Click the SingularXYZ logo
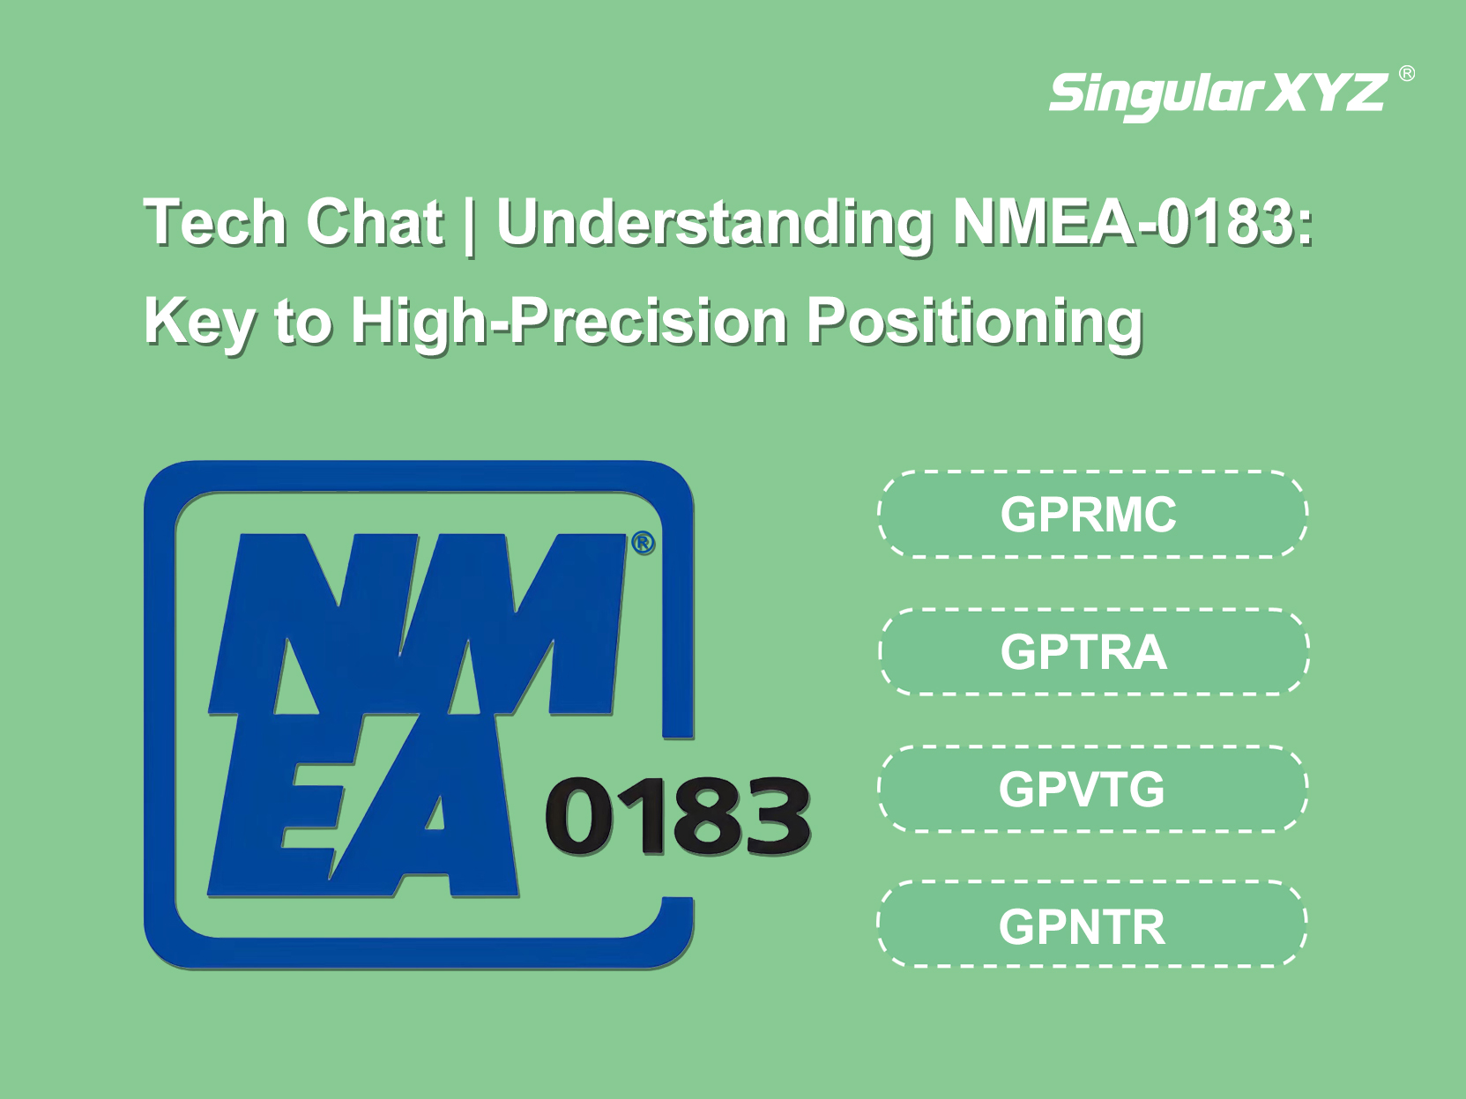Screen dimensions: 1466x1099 tap(1218, 96)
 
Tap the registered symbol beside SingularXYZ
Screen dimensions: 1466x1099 tap(1407, 73)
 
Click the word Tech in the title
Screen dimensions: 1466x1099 tap(216, 222)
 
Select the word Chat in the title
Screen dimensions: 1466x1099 tap(375, 222)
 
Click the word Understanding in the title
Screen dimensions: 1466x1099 tap(714, 225)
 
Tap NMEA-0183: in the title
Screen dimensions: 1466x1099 tap(1133, 222)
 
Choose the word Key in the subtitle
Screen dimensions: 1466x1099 tap(200, 324)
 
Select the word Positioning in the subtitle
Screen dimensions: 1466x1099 tap(974, 323)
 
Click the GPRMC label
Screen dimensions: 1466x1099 tap(1088, 515)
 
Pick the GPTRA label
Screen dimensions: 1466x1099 tap(1083, 652)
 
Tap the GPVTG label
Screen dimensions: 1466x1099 tap(1082, 789)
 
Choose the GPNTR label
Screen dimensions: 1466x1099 tap(1082, 927)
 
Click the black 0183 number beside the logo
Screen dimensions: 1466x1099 tap(678, 816)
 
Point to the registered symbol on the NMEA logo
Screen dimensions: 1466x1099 tap(643, 543)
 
